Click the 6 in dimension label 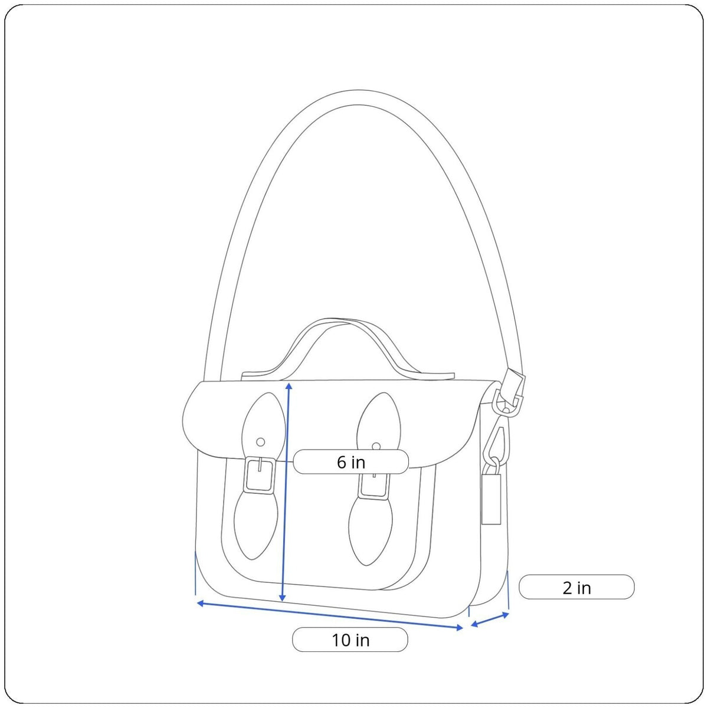(350, 462)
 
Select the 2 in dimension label (576, 588)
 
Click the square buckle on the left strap (260, 474)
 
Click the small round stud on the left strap (261, 442)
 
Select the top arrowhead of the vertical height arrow (289, 386)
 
